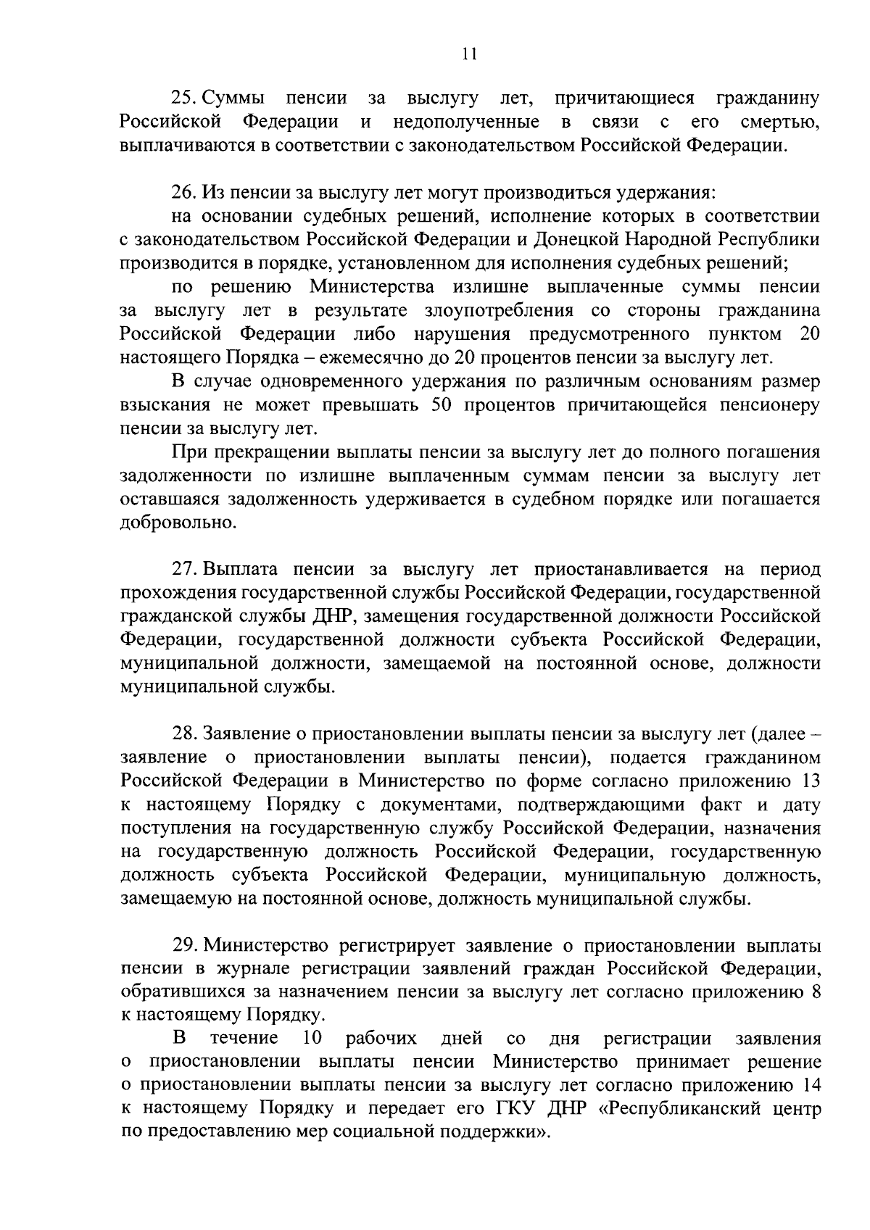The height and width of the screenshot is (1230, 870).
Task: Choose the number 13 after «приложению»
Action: (x=810, y=781)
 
